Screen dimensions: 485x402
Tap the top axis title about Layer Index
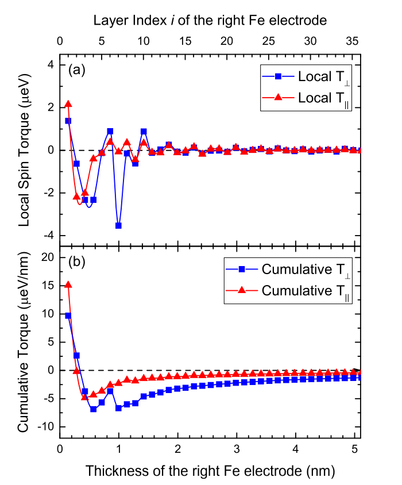210,21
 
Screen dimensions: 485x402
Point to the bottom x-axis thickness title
210,471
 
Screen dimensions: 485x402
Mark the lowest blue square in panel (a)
118,225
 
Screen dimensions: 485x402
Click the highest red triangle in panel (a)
68,104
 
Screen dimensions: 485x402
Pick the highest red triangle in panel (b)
68,284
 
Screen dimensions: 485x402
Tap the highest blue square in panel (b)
68,315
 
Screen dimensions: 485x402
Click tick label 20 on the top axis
226,41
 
